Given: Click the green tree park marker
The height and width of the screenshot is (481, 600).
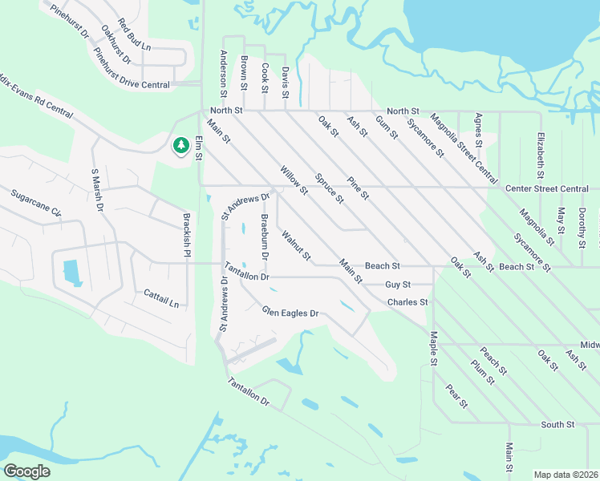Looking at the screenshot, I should click(180, 145).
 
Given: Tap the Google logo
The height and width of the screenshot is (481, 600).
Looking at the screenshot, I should click(26, 471).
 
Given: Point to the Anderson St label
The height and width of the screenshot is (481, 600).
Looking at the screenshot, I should click(224, 71).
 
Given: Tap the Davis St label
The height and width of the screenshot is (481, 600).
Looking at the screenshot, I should click(285, 83).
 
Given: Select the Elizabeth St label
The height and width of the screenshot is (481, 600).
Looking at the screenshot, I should click(541, 155).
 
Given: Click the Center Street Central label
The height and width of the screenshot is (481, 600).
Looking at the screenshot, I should click(547, 188).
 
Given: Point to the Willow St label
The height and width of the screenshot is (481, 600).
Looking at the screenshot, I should click(294, 180).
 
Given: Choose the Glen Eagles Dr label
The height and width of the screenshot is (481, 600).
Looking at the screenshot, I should click(290, 313).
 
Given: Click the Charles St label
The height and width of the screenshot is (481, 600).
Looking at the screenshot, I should click(407, 302).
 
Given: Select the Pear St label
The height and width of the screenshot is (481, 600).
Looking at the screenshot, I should click(456, 396).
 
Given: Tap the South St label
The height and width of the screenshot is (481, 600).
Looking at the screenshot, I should click(557, 424).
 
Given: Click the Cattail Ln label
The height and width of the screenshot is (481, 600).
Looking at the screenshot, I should click(161, 300).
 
